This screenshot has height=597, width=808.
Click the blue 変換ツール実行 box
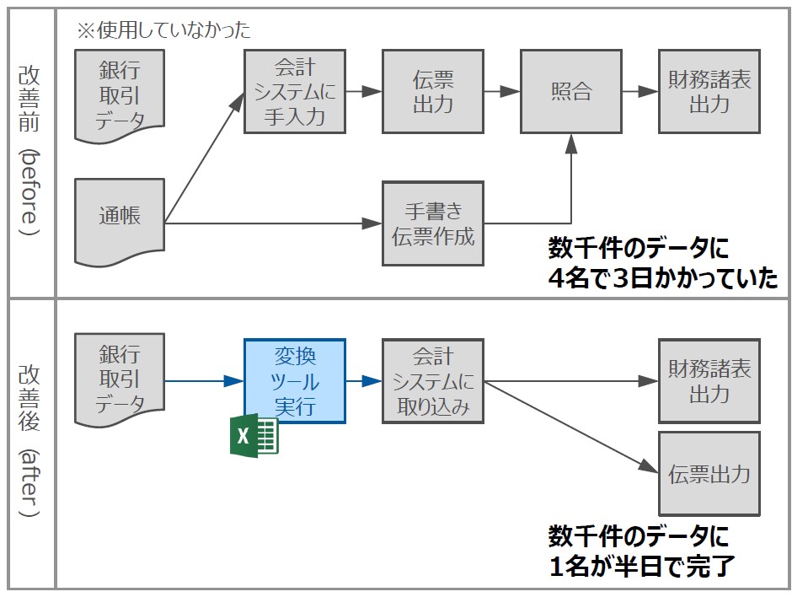tap(294, 380)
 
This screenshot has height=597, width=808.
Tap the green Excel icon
tap(254, 437)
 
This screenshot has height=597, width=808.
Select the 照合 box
tap(571, 92)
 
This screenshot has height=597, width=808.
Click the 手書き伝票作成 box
tap(433, 223)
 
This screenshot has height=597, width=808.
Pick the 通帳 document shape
tap(119, 218)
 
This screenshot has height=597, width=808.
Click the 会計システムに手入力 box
tap(294, 92)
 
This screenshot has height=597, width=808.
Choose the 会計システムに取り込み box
tap(433, 380)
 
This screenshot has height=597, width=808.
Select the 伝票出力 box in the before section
tap(433, 92)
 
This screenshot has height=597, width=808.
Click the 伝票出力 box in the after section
tap(709, 473)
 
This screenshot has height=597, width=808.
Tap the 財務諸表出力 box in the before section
tap(709, 92)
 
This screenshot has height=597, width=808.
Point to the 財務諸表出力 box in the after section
tap(709, 380)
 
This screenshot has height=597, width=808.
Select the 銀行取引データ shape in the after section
tap(119, 379)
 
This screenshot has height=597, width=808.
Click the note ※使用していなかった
tap(164, 31)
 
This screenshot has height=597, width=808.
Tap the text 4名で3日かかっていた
tap(662, 279)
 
